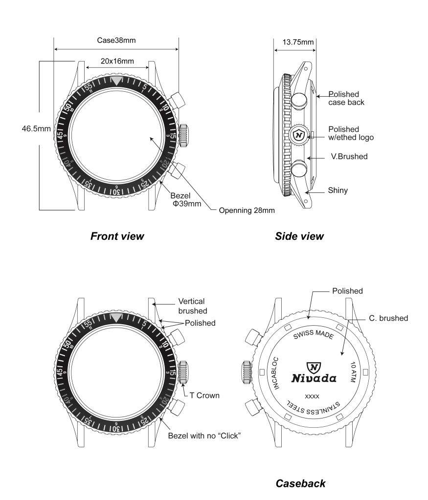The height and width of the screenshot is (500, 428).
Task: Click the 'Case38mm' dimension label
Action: click(116, 41)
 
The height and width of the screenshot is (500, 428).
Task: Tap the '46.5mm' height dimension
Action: click(36, 129)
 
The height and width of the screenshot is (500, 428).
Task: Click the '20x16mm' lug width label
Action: click(117, 61)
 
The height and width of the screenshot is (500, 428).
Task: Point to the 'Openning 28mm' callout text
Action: click(247, 210)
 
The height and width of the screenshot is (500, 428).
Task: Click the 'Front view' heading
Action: click(117, 236)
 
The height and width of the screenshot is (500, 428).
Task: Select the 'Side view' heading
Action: click(299, 236)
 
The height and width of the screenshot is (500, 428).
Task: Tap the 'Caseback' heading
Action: click(300, 483)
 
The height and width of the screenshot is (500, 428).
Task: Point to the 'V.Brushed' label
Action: click(348, 157)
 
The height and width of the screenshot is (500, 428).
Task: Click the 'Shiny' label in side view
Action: click(338, 190)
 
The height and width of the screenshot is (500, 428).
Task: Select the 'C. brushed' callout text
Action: click(388, 318)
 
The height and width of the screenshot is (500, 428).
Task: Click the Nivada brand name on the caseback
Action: click(314, 378)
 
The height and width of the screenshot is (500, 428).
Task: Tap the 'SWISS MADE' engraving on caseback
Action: click(313, 336)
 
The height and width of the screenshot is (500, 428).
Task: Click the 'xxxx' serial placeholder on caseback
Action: click(312, 396)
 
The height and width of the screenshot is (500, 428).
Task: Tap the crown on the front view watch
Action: click(184, 135)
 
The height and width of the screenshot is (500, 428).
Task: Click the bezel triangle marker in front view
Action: click(116, 81)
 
